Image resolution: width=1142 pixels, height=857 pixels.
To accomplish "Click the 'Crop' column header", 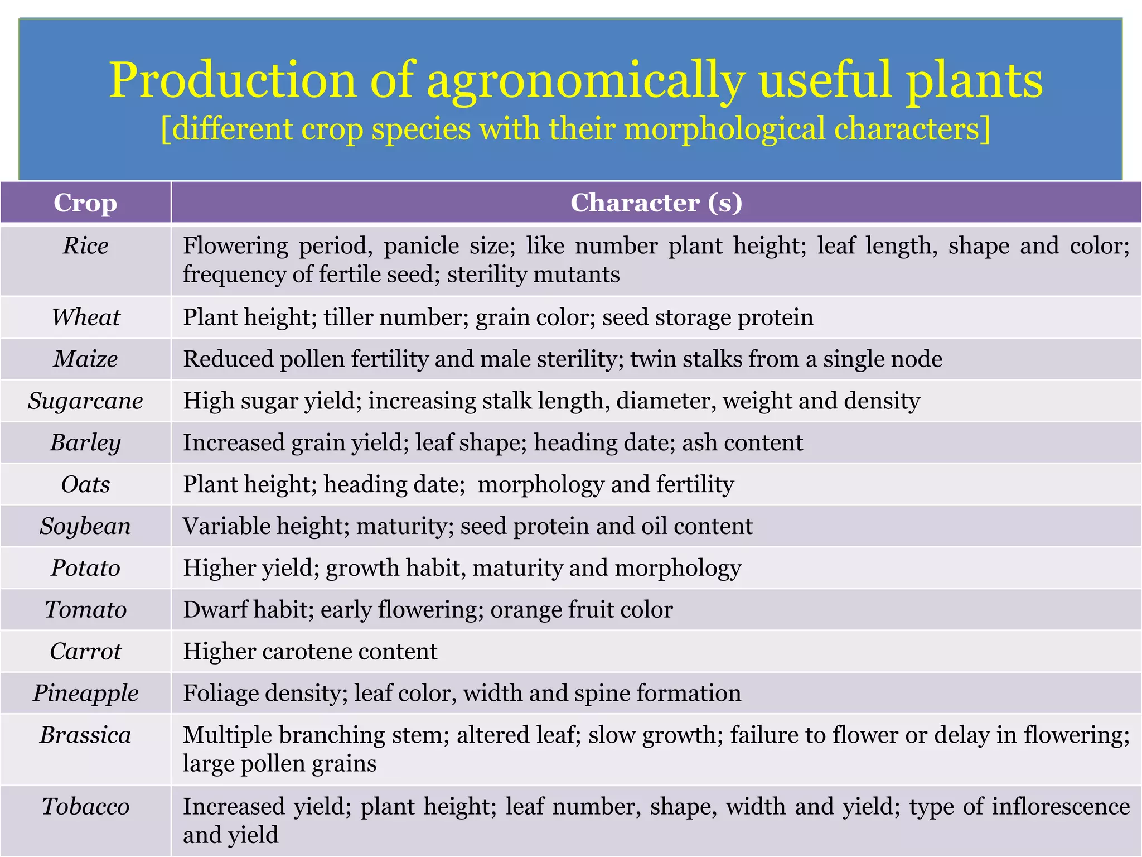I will click(85, 203).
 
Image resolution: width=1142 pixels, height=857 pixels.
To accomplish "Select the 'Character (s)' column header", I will click(656, 203).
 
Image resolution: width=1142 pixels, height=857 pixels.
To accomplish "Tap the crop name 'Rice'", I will click(85, 246).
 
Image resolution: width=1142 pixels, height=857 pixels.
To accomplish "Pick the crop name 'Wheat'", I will click(85, 317).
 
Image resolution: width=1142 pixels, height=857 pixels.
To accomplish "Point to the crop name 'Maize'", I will click(85, 359).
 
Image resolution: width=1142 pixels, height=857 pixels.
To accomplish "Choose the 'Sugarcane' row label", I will click(85, 401).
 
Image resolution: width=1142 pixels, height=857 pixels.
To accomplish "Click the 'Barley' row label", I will click(85, 443).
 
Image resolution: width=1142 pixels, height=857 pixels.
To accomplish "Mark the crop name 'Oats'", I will click(85, 484).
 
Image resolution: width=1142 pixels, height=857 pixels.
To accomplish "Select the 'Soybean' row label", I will click(85, 526).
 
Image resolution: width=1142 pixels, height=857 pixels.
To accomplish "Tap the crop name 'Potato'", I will click(85, 568).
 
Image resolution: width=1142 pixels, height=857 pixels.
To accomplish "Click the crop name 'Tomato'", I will click(85, 610).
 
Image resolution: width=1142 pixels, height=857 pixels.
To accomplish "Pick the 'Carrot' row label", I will click(85, 652).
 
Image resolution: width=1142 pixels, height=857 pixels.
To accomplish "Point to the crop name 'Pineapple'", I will click(85, 694).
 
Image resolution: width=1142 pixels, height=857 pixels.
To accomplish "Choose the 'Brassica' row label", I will click(85, 735).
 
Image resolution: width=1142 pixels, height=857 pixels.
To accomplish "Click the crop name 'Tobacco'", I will click(85, 807).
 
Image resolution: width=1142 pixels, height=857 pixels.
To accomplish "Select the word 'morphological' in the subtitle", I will click(724, 129).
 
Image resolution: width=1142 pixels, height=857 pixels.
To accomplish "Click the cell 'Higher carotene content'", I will click(310, 652).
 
